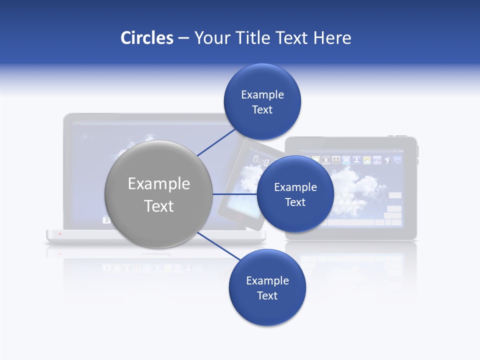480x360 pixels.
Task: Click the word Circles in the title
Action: pyautogui.click(x=146, y=38)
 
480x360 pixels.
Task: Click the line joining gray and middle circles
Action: pyautogui.click(x=234, y=194)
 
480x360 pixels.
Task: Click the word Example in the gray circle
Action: pyautogui.click(x=159, y=184)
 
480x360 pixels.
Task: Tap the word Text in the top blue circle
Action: pyautogui.click(x=262, y=110)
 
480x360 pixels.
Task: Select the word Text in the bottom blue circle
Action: pyautogui.click(x=267, y=296)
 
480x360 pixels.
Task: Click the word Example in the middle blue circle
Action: pyautogui.click(x=295, y=187)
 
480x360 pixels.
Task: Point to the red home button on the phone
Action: pyautogui.click(x=239, y=218)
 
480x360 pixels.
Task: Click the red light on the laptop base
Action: pyautogui.click(x=60, y=233)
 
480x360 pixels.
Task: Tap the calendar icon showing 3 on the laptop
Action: pyautogui.click(x=106, y=219)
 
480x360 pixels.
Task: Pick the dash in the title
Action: pyautogui.click(x=183, y=38)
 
